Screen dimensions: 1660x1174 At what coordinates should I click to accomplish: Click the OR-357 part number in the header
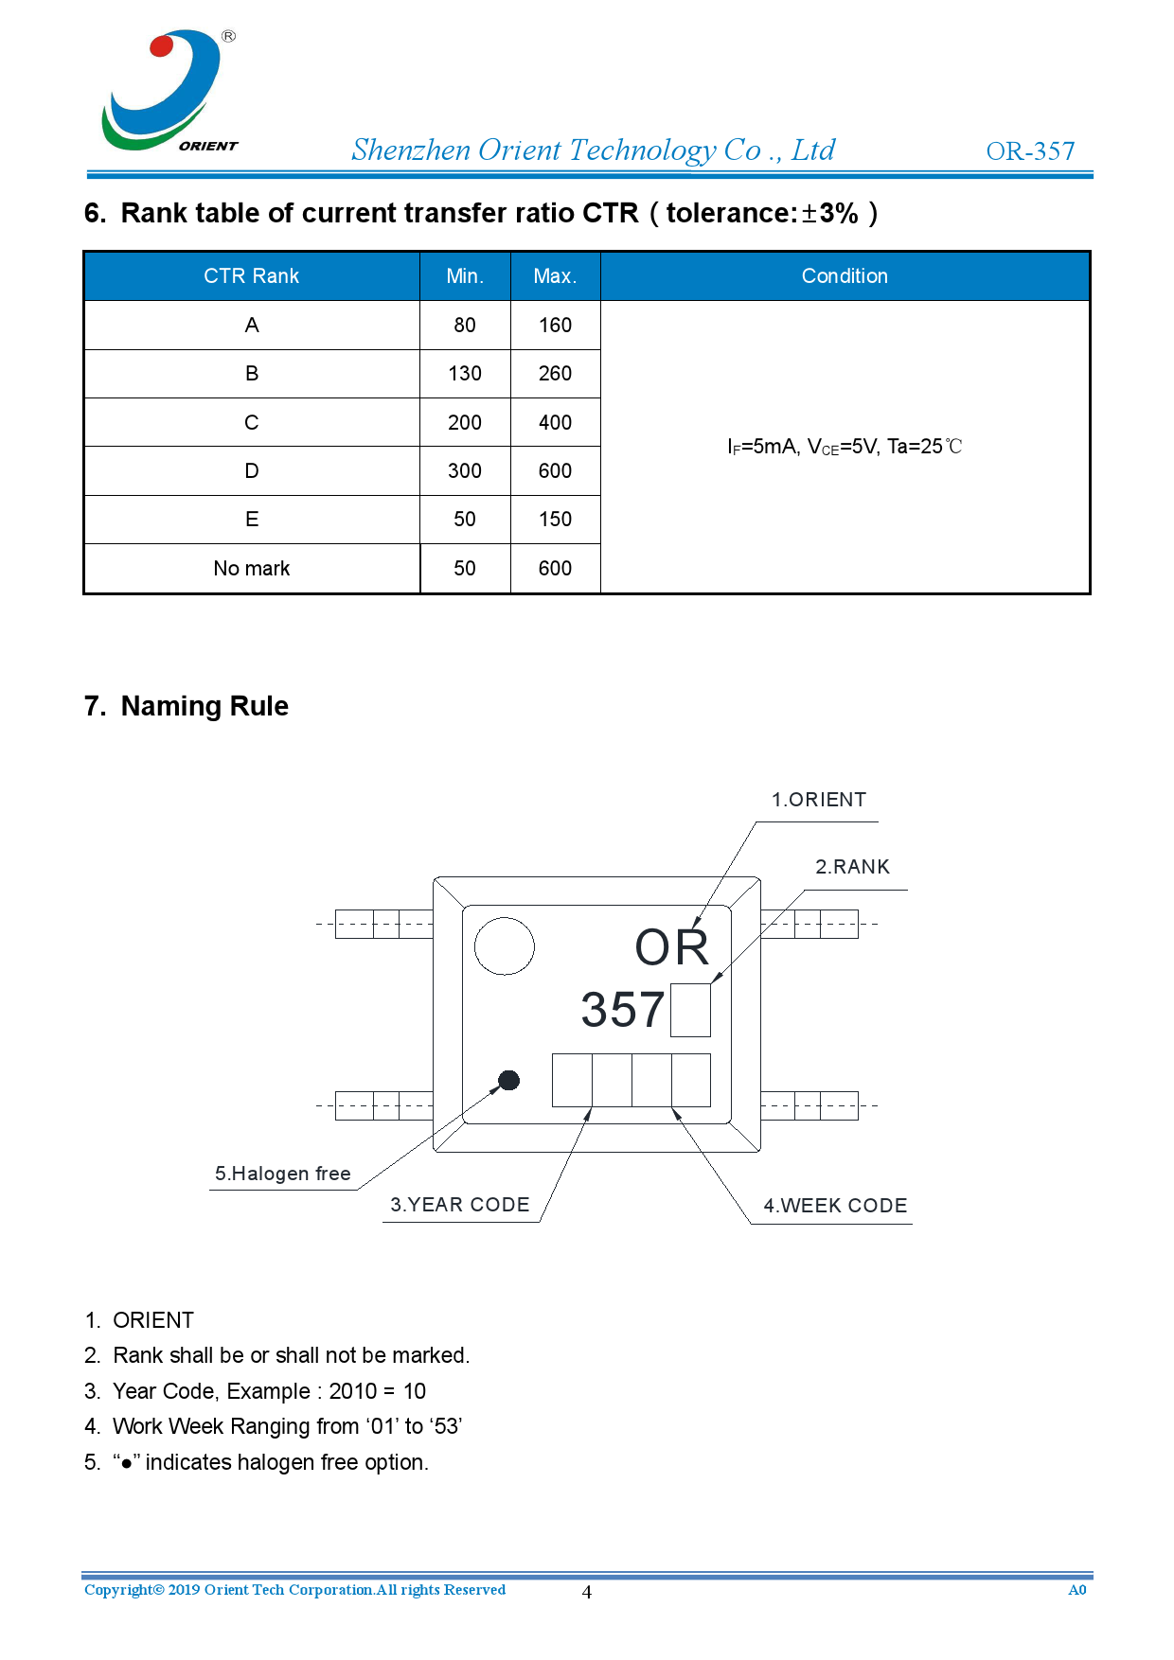click(1030, 151)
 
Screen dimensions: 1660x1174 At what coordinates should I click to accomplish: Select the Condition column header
click(845, 276)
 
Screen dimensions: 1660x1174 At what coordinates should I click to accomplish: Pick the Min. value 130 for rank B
click(465, 374)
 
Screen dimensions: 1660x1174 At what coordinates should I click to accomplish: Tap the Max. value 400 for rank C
click(555, 423)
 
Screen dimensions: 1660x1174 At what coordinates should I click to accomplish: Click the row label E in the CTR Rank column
click(252, 520)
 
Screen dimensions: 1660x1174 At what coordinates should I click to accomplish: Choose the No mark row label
click(252, 569)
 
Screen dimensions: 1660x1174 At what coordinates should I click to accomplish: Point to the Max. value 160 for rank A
click(555, 326)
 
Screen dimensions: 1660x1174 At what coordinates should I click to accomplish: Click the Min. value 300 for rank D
click(465, 471)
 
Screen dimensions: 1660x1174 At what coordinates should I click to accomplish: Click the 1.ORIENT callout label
click(818, 800)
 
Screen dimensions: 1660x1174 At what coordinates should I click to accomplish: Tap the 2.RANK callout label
click(852, 867)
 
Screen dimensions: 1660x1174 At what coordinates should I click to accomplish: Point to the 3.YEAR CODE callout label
click(460, 1205)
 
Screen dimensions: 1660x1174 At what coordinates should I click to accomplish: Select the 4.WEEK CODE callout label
click(835, 1206)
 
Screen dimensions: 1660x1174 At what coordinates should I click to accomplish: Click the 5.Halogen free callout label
click(282, 1174)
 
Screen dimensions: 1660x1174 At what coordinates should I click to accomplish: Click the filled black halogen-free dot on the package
click(508, 1080)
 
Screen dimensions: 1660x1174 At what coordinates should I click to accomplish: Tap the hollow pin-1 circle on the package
click(504, 945)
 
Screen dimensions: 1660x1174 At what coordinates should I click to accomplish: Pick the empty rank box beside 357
click(690, 1010)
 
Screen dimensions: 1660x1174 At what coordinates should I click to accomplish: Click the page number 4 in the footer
click(587, 1592)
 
